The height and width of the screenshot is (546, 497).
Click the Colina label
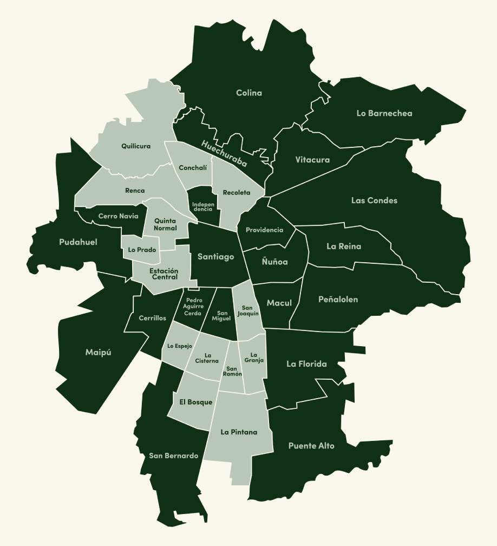249,93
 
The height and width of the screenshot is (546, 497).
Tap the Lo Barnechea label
384,113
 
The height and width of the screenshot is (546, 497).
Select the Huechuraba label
224,153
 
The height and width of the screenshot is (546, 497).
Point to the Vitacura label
312,160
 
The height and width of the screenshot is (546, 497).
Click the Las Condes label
374,200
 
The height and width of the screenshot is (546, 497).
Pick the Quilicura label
136,146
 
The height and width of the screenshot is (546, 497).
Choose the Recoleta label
237,192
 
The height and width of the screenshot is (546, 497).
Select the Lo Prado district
142,250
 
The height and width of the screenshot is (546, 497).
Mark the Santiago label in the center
215,257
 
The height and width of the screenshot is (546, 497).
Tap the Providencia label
264,230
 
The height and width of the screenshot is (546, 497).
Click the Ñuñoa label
274,262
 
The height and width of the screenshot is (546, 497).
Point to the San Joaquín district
248,310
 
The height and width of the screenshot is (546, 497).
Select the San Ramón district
233,371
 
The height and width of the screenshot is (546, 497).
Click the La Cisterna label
207,357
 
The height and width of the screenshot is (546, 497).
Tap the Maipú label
98,353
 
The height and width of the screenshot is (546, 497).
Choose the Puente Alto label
311,446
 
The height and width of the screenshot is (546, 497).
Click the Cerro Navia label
118,216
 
